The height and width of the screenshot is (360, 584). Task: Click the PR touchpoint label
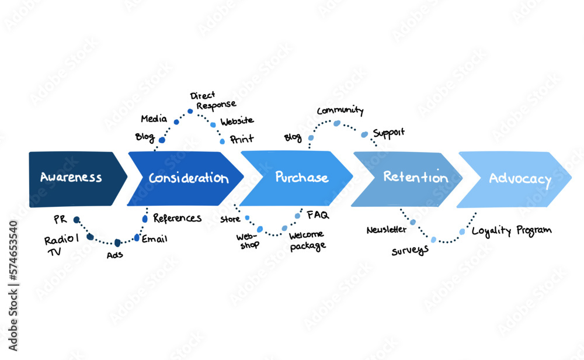[60, 220]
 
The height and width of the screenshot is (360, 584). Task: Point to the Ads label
[114, 255]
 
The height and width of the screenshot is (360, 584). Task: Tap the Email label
[154, 238]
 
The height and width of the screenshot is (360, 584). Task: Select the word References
[177, 218]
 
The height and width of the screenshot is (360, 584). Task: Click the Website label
[237, 121]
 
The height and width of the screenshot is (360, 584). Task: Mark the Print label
[242, 140]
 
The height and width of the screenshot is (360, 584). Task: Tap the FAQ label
[318, 215]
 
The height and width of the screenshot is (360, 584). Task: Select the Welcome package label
[307, 241]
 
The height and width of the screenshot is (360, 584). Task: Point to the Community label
[340, 110]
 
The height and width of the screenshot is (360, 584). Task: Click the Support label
[388, 133]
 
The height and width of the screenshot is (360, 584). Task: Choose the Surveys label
[410, 250]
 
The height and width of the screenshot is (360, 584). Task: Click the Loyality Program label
[512, 231]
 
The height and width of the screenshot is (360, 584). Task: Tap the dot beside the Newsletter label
[413, 222]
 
